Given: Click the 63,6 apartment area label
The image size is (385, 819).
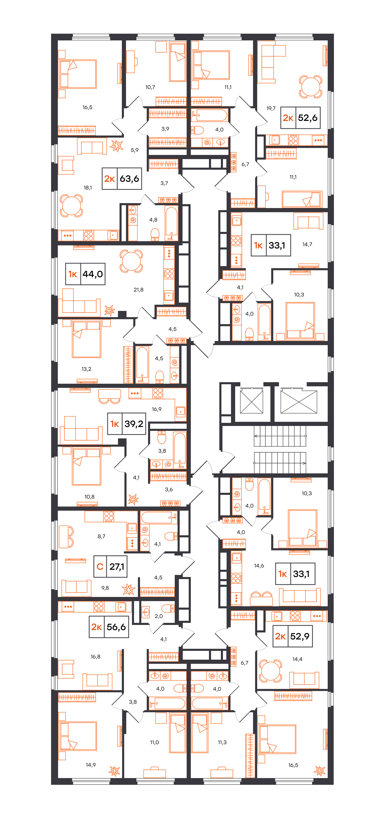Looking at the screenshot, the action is click(x=122, y=179).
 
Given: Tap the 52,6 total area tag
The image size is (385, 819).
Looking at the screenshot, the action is click(x=300, y=118).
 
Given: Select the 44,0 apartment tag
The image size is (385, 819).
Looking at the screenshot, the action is click(x=85, y=274).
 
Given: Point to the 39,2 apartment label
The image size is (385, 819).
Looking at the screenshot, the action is click(x=127, y=424).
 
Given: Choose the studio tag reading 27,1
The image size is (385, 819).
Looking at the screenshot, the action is click(x=110, y=567).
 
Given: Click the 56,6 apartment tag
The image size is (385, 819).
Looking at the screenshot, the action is click(x=109, y=627).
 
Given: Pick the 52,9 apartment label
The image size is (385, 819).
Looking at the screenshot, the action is click(x=293, y=636).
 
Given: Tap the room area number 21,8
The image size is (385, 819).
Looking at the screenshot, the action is click(x=138, y=290).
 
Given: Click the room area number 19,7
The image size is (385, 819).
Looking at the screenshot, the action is click(x=271, y=108).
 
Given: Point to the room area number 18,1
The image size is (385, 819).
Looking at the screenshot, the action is click(x=88, y=188).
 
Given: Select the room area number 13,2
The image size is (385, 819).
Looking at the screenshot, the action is click(x=86, y=369).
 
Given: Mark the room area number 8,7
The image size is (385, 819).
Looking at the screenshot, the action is click(x=102, y=536).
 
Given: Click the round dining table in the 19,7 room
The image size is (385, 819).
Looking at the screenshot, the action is click(x=311, y=87).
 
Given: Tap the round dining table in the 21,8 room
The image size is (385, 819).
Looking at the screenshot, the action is click(x=131, y=261).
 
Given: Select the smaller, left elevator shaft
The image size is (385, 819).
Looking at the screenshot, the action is click(x=251, y=402).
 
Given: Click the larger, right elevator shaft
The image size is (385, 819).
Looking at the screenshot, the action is click(x=299, y=402).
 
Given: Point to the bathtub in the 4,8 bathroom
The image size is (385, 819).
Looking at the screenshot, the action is click(x=172, y=223).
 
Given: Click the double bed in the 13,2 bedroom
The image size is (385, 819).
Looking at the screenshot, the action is click(x=87, y=339).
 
